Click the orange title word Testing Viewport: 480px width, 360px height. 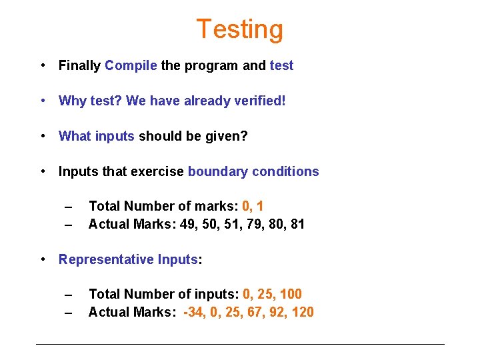(x=239, y=29)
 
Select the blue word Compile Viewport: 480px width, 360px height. (x=131, y=65)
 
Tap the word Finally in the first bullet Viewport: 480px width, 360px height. (x=80, y=65)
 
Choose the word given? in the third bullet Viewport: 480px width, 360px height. (x=228, y=136)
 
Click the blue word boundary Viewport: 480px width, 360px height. (x=217, y=171)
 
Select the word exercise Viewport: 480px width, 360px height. (x=157, y=171)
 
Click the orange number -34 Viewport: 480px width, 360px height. (x=194, y=312)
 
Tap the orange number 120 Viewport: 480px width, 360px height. (x=302, y=312)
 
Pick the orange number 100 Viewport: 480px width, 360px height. (x=290, y=294)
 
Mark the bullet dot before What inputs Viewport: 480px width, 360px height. (x=42, y=136)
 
